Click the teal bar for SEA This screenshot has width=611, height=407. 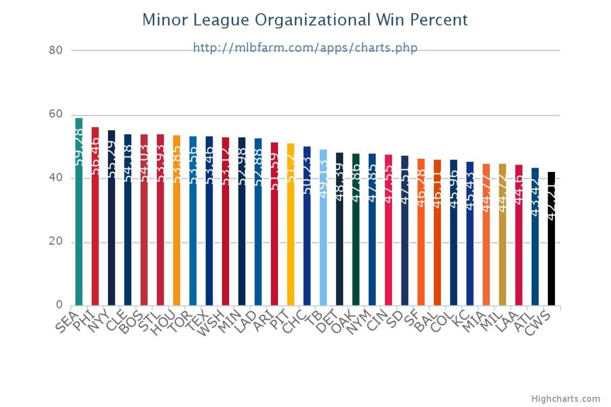point(79,239)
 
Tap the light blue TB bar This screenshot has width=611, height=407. point(323,251)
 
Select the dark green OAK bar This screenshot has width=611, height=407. point(356,251)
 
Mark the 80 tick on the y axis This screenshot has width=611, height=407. point(55,50)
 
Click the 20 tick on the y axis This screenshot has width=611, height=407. point(55,242)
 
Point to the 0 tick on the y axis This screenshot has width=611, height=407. point(58,306)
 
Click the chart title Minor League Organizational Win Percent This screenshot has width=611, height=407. point(305,20)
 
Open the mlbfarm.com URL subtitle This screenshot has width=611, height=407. point(305,47)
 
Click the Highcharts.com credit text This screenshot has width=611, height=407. point(566,399)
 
